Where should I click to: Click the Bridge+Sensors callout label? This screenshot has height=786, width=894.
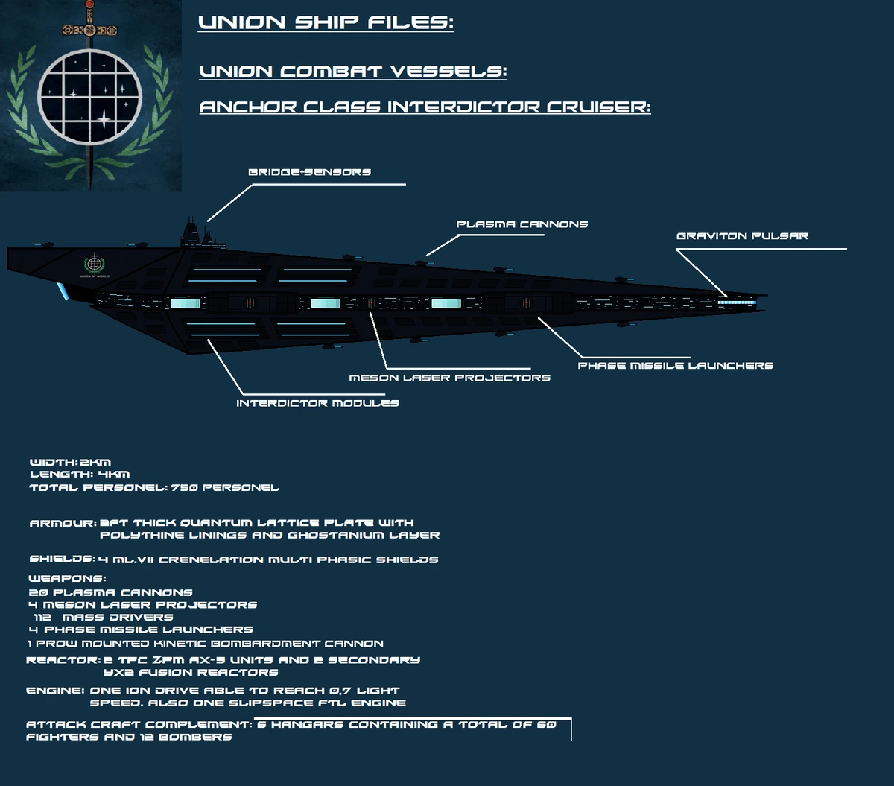pyautogui.click(x=309, y=172)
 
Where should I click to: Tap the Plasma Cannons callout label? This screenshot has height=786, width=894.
pyautogui.click(x=521, y=224)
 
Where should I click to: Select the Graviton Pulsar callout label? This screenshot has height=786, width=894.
pyautogui.click(x=742, y=236)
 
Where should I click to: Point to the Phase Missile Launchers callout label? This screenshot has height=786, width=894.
pyautogui.click(x=675, y=366)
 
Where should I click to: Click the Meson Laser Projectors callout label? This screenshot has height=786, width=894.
pyautogui.click(x=449, y=378)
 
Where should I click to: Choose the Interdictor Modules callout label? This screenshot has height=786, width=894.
pyautogui.click(x=317, y=403)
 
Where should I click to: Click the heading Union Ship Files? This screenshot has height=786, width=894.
pyautogui.click(x=326, y=23)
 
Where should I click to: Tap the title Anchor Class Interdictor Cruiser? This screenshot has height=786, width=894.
pyautogui.click(x=425, y=107)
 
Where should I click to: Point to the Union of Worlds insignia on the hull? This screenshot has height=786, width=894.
pyautogui.click(x=94, y=265)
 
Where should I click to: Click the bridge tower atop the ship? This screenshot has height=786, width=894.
pyautogui.click(x=192, y=232)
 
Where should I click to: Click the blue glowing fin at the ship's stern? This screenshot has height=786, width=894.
pyautogui.click(x=64, y=292)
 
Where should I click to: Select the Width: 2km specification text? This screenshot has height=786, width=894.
pyautogui.click(x=70, y=462)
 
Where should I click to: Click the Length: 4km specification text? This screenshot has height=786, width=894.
pyautogui.click(x=80, y=474)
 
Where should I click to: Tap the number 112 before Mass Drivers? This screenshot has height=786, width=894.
pyautogui.click(x=42, y=617)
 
